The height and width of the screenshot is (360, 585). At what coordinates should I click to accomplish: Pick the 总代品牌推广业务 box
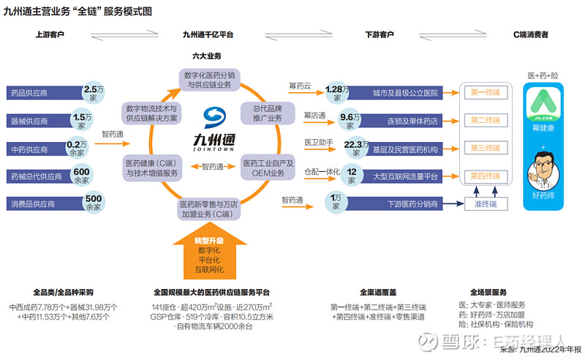tap(267, 113)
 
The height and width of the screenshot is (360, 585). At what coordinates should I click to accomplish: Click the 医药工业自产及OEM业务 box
tap(268, 168)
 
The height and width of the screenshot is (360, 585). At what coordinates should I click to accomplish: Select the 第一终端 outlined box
tap(485, 93)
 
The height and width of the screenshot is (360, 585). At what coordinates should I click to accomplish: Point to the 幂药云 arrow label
tap(300, 86)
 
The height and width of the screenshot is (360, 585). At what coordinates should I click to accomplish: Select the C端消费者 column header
tap(531, 34)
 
